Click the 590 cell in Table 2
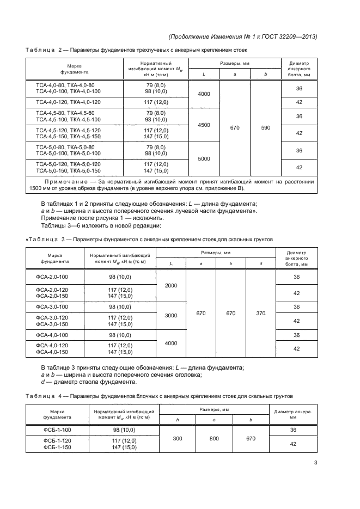click(x=266, y=127)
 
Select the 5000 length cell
click(x=204, y=158)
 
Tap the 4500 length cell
click(x=204, y=125)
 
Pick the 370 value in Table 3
click(x=261, y=314)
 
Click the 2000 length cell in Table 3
click(x=171, y=285)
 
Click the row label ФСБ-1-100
click(x=57, y=430)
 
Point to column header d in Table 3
click(x=261, y=264)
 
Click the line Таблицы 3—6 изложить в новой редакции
click(x=101, y=225)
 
